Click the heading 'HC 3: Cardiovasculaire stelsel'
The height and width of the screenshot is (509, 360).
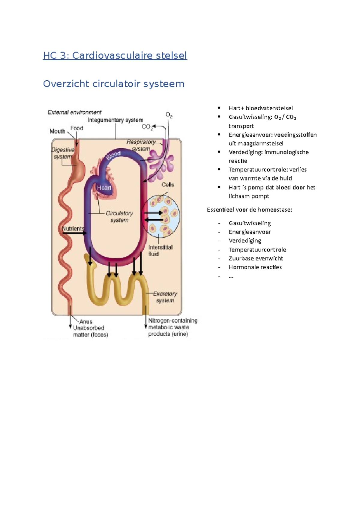tap(115, 55)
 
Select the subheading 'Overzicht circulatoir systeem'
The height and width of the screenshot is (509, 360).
tap(114, 84)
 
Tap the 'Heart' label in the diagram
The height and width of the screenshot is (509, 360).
tap(104, 188)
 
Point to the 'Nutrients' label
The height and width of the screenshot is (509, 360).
tap(73, 229)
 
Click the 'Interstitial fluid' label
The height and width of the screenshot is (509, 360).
tap(160, 251)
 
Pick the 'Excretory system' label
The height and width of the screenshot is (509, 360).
tap(165, 297)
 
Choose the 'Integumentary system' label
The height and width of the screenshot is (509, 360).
tap(115, 120)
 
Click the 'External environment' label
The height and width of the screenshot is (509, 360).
tap(74, 112)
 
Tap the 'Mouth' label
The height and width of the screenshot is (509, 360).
tap(57, 131)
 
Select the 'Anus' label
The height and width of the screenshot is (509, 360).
tap(86, 321)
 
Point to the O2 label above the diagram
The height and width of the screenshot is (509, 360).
tap(169, 115)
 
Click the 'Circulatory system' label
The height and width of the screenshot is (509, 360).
tap(119, 217)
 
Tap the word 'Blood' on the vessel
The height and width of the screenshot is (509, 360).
tap(113, 156)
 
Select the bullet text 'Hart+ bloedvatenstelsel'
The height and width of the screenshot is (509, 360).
tap(260, 108)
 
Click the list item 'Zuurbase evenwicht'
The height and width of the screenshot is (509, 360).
tap(256, 258)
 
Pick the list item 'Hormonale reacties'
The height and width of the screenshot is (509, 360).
tap(255, 267)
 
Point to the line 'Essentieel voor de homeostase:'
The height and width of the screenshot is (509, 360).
tap(249, 210)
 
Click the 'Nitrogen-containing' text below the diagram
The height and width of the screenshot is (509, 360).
tap(173, 320)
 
